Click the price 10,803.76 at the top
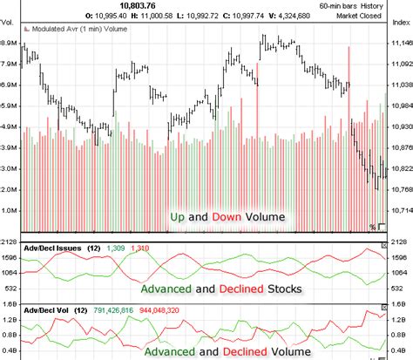[137, 6]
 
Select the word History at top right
[384, 6]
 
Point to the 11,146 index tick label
[398, 42]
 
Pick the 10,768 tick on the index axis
[398, 189]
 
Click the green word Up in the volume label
[177, 215]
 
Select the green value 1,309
[116, 248]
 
